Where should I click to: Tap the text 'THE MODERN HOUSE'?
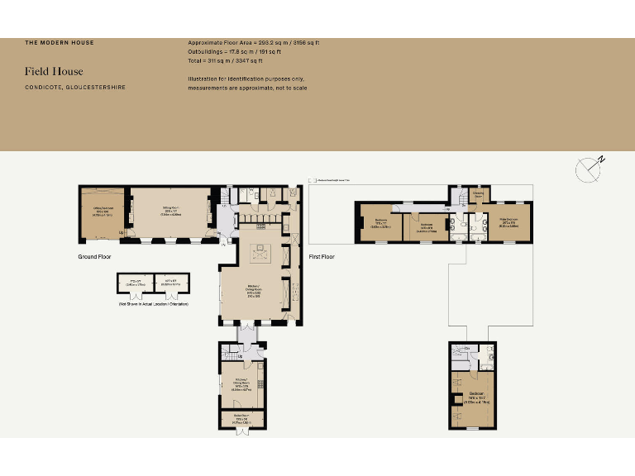tap(59, 42)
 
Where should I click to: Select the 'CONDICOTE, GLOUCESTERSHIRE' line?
tap(75, 87)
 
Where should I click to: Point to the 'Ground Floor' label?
tap(95, 257)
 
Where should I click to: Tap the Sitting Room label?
tap(171, 212)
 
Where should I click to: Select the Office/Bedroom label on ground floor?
tap(104, 213)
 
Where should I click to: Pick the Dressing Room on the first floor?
tap(477, 195)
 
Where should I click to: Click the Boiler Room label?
tap(241, 418)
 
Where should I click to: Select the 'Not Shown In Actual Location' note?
tap(153, 305)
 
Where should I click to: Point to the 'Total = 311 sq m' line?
tap(225, 60)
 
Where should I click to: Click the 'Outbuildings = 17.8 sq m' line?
tap(234, 51)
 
